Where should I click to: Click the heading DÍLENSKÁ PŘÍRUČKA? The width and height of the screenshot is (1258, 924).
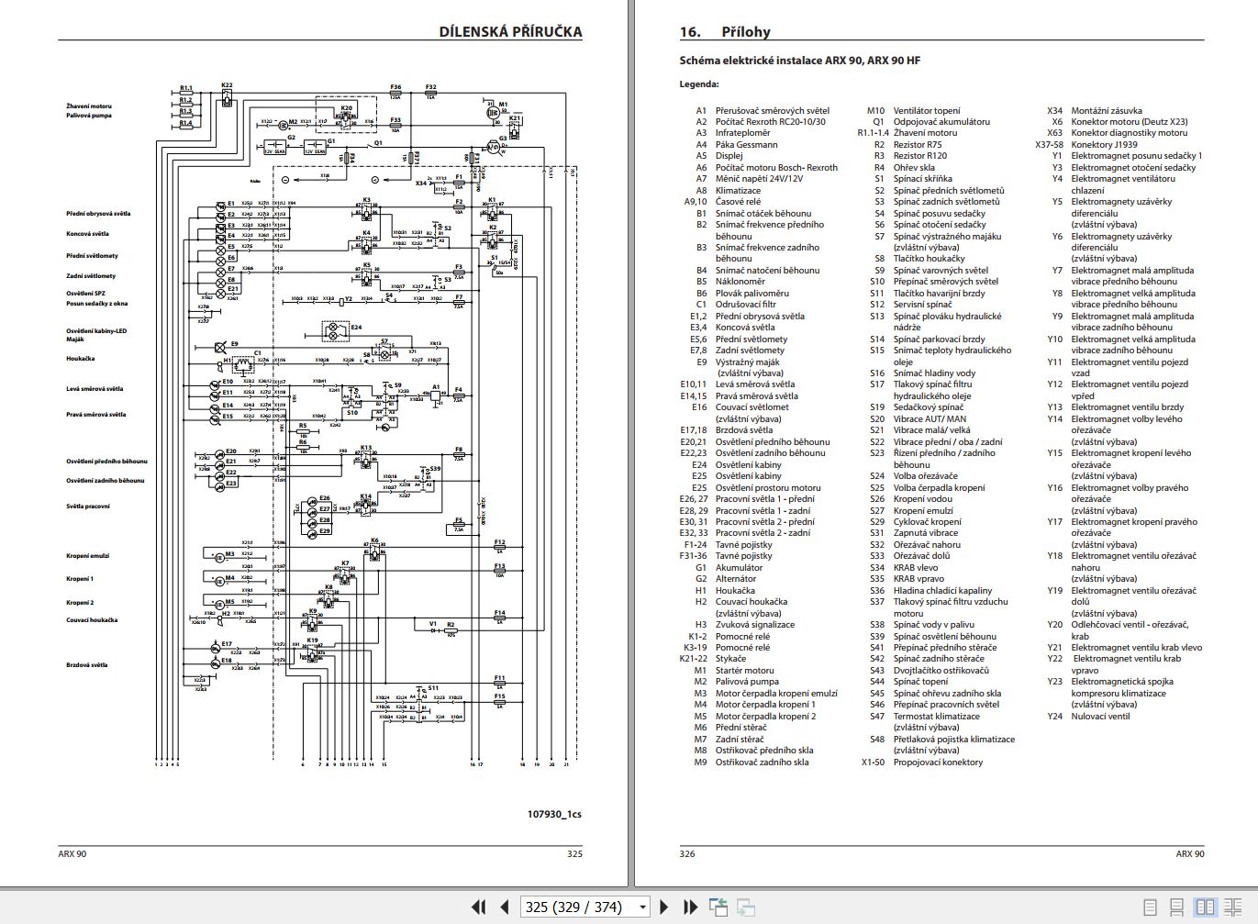[x=510, y=32]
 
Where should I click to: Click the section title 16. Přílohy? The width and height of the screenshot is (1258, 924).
[x=725, y=32]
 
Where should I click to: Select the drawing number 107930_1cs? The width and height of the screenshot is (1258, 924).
[x=554, y=814]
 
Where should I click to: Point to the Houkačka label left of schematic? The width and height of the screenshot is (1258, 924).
[x=80, y=359]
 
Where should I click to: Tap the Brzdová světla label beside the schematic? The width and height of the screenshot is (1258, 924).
[x=86, y=665]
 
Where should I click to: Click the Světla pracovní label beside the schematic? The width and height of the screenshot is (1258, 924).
[x=87, y=507]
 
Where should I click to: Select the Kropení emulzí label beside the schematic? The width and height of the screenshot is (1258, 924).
[x=87, y=556]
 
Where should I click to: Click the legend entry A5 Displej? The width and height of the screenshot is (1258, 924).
[x=720, y=156]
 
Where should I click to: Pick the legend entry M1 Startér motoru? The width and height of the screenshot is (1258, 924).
[x=735, y=671]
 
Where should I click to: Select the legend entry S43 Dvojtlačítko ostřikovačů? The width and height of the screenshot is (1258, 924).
[x=931, y=671]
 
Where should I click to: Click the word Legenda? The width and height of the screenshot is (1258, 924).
[x=699, y=84]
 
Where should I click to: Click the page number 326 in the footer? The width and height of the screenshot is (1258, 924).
[x=687, y=854]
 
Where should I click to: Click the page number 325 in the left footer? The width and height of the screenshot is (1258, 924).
[x=574, y=854]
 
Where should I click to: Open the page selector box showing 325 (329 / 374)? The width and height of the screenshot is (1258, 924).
[x=584, y=907]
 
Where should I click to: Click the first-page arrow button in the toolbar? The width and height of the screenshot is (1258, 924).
[x=478, y=907]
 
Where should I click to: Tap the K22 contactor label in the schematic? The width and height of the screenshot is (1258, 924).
[x=227, y=85]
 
